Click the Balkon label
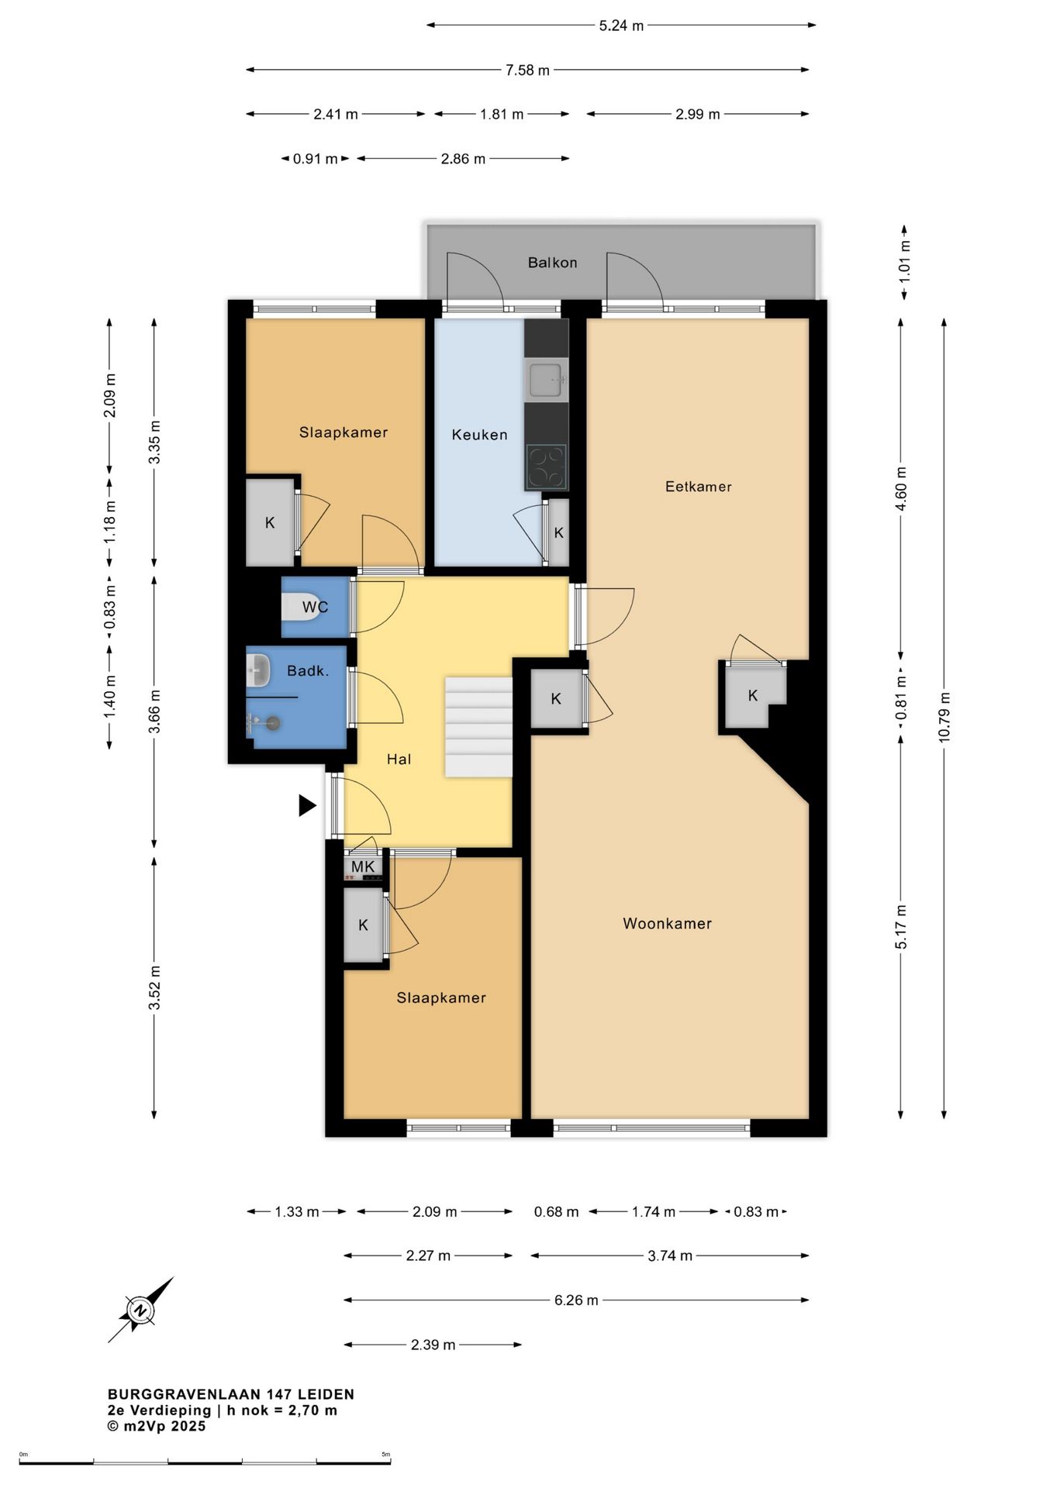click(552, 263)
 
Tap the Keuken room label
click(479, 435)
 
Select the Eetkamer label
click(698, 487)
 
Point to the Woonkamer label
click(667, 923)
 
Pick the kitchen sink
click(547, 380)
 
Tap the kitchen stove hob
click(547, 467)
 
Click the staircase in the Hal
click(478, 727)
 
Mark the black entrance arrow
click(307, 806)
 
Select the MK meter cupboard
click(363, 866)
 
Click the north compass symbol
click(141, 1311)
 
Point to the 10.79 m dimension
click(944, 718)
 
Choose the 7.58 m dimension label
click(527, 71)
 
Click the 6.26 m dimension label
click(576, 1300)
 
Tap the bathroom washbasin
click(257, 670)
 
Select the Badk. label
click(308, 671)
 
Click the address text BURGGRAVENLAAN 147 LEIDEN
click(231, 1393)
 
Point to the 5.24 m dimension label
click(621, 26)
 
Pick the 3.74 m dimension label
click(670, 1255)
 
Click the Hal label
click(399, 759)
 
